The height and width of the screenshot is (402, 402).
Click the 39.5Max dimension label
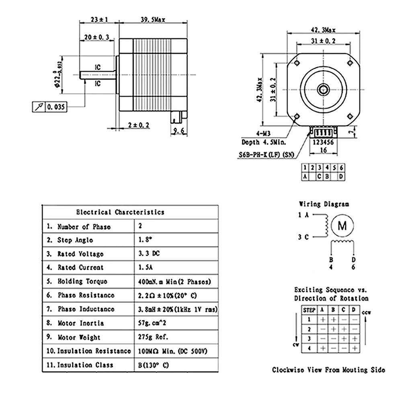(x=153, y=19)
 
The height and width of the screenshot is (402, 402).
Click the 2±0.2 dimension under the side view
(x=138, y=125)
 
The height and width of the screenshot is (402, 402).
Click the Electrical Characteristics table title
(x=120, y=212)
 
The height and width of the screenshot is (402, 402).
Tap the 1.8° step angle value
(x=145, y=240)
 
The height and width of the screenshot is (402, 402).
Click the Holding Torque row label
(x=82, y=281)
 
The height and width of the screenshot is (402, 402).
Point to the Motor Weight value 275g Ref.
(x=153, y=337)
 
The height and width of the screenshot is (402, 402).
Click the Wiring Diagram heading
(x=324, y=204)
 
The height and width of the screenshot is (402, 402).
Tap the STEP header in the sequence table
(x=309, y=310)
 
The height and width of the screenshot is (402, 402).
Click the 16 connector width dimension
(x=324, y=150)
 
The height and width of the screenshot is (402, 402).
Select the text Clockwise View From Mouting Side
(x=328, y=370)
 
